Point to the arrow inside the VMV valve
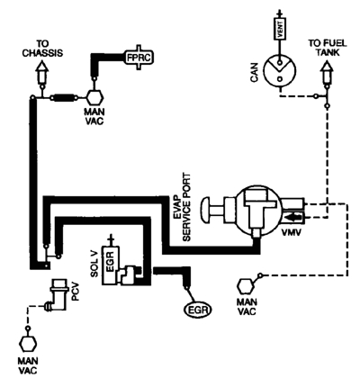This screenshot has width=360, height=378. point(293,216)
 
